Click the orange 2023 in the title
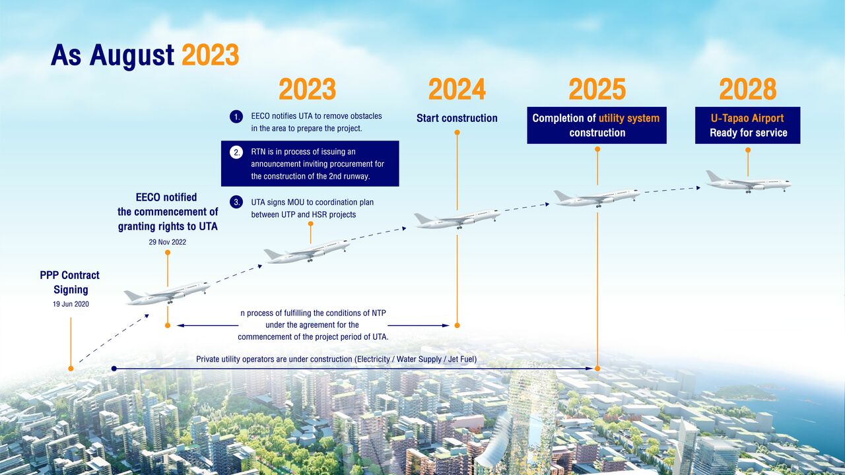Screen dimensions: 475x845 click(210, 56)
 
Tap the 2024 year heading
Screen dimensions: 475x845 click(457, 90)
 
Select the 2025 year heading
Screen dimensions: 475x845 click(597, 90)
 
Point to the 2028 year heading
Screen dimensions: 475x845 click(747, 90)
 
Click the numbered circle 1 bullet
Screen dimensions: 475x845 click(236, 117)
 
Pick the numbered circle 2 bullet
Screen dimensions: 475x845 click(236, 152)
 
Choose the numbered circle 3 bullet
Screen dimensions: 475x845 click(236, 203)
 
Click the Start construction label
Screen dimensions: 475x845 click(457, 118)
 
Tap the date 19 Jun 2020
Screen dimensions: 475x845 click(71, 305)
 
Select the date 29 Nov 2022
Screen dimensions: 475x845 click(168, 242)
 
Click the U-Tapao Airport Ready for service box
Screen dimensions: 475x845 click(747, 125)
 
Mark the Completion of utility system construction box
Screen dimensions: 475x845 click(597, 125)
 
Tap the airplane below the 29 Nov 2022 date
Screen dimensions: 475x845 click(167, 292)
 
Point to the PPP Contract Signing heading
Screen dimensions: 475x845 click(70, 282)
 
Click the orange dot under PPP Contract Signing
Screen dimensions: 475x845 click(71, 369)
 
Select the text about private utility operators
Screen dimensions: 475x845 click(336, 360)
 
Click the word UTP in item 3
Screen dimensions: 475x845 click(295, 214)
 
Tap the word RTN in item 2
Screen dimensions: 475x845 click(259, 152)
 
